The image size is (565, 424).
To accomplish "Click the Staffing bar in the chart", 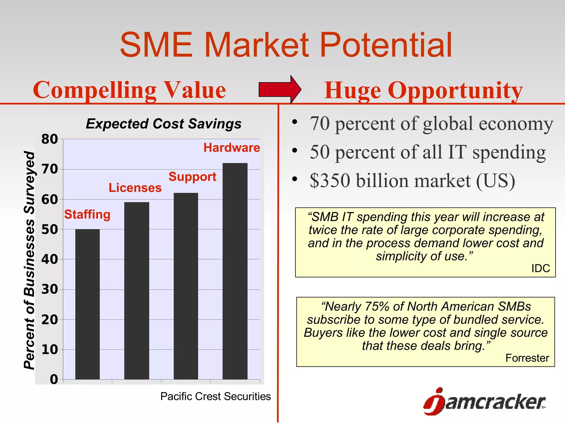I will [x=87, y=304].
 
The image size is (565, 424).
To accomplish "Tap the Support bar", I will [x=186, y=286].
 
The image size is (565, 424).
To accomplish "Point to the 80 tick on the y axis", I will [x=50, y=139].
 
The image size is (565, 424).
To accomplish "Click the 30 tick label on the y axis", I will [x=50, y=289].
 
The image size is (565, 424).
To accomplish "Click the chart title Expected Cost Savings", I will [x=164, y=124].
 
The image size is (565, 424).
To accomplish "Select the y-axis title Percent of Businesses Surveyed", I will [x=29, y=260].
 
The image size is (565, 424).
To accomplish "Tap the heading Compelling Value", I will [x=129, y=90].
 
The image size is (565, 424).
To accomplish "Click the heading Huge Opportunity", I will [x=423, y=91].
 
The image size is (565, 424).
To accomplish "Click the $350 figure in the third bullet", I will [x=330, y=181].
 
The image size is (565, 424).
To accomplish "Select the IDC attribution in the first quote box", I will [x=540, y=268].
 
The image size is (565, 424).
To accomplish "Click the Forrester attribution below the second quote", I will [x=527, y=358].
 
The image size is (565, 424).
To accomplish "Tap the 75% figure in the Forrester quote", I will [x=377, y=306].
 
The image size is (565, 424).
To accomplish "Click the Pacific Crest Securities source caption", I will [x=215, y=396].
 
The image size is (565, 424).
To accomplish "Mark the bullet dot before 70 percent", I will [x=295, y=122].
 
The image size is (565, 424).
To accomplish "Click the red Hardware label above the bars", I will [x=231, y=148].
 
